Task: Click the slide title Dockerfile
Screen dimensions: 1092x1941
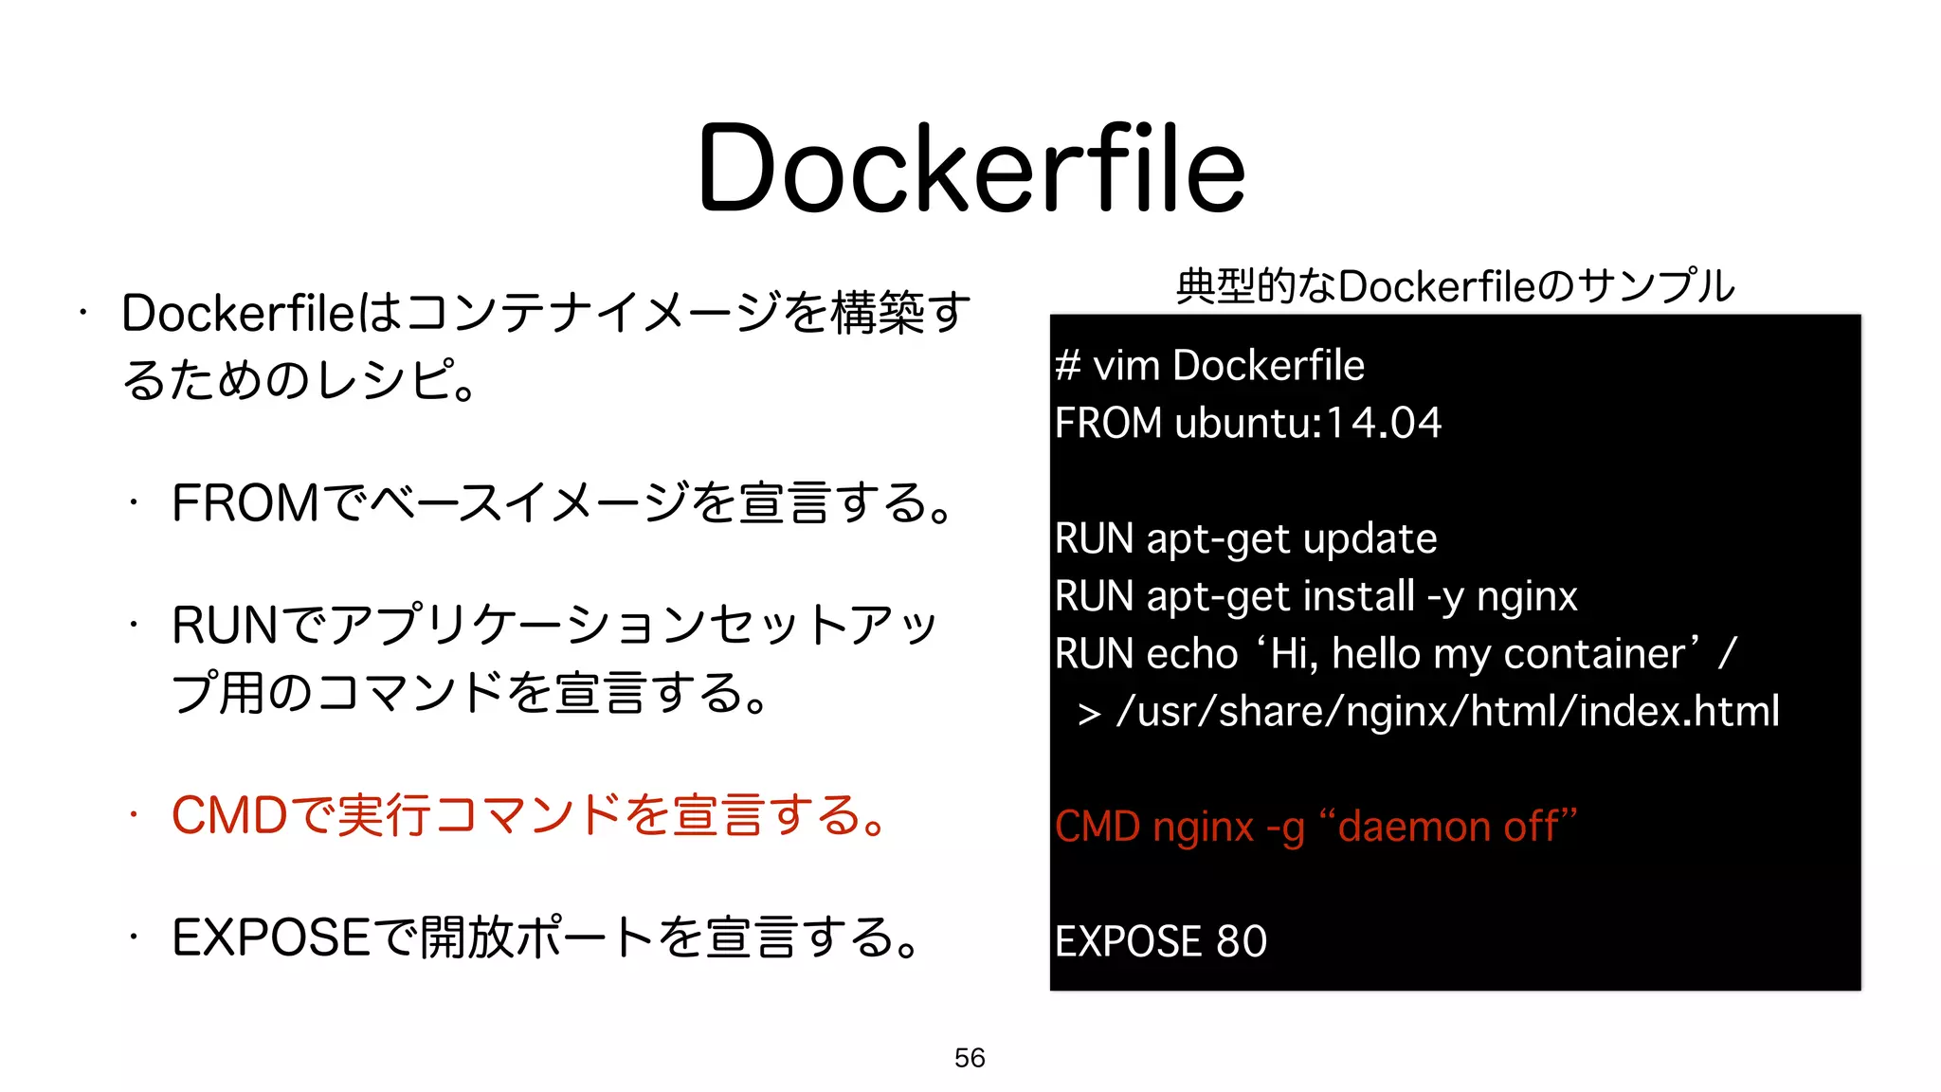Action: [x=970, y=169]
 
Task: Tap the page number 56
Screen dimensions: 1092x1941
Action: [x=970, y=1058]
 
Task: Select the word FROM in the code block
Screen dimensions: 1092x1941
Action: [x=1108, y=423]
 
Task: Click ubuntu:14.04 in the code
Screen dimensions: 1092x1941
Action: [x=1308, y=423]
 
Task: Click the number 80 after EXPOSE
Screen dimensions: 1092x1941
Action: [x=1242, y=941]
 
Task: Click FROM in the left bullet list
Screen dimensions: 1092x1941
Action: [x=245, y=503]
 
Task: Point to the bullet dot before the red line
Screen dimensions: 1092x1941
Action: [x=135, y=814]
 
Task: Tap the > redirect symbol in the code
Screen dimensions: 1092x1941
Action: [x=1089, y=714]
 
